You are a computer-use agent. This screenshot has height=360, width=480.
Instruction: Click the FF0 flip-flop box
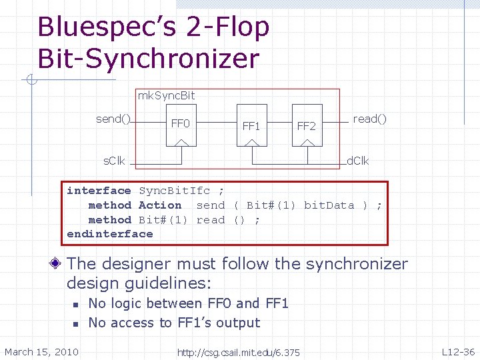click(181, 123)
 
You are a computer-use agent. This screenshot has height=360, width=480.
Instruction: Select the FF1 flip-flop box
click(251, 125)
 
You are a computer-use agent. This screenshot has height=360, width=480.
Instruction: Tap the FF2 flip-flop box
click(306, 125)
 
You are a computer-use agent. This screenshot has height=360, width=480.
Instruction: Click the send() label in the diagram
click(113, 119)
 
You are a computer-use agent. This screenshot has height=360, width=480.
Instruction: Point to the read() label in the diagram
click(369, 119)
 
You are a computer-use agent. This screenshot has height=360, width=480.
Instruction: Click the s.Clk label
click(113, 161)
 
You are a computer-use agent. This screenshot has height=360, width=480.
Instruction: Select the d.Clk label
click(358, 161)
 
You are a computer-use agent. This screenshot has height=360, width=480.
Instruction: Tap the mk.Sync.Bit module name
click(166, 95)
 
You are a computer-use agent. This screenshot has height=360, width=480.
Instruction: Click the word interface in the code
click(99, 191)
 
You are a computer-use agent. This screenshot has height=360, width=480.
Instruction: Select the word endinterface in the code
click(110, 234)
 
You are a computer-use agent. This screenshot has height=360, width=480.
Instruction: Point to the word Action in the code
click(160, 205)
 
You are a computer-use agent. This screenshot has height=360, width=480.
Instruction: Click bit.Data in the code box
click(329, 205)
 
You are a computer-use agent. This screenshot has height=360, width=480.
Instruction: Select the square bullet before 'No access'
click(76, 323)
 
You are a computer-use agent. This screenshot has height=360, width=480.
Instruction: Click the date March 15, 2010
click(41, 351)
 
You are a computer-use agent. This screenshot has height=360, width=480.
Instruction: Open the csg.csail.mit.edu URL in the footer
click(238, 352)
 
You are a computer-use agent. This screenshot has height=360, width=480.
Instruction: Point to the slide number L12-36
click(458, 351)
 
